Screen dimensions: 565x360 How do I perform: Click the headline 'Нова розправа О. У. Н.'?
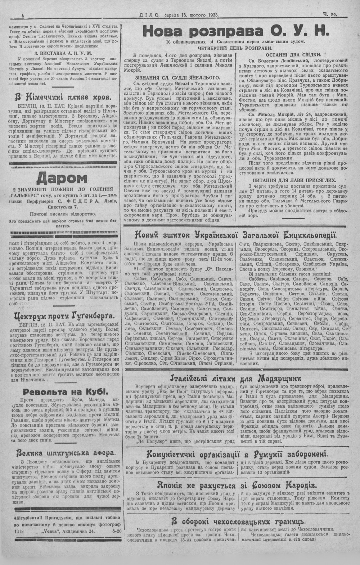click(236, 32)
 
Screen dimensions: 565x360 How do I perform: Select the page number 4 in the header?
click(23, 15)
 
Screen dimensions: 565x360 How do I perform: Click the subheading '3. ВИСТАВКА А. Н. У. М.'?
click(63, 53)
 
